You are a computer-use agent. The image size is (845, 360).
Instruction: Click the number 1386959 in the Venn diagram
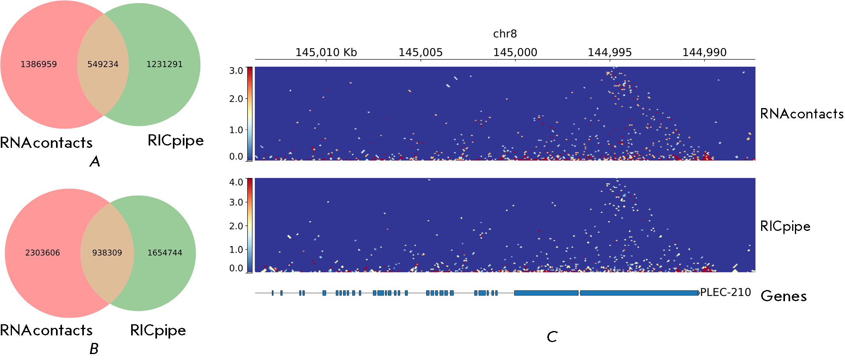pyautogui.click(x=39, y=64)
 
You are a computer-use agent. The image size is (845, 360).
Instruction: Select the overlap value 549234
pyautogui.click(x=103, y=64)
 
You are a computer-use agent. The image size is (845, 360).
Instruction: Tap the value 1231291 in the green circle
pyautogui.click(x=165, y=64)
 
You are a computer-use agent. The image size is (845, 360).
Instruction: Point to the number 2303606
pyautogui.click(x=43, y=253)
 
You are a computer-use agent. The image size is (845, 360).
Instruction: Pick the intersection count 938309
pyautogui.click(x=107, y=253)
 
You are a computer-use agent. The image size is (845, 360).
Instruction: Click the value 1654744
pyautogui.click(x=165, y=253)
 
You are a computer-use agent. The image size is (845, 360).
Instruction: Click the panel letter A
pyautogui.click(x=95, y=161)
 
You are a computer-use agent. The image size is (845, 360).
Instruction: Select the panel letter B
pyautogui.click(x=94, y=349)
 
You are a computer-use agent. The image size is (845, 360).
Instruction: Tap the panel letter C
pyautogui.click(x=552, y=337)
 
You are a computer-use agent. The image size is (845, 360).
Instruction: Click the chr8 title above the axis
pyautogui.click(x=505, y=34)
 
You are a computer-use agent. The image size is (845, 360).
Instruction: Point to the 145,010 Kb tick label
pyautogui.click(x=326, y=52)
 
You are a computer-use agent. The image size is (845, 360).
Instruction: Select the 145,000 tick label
pyautogui.click(x=515, y=52)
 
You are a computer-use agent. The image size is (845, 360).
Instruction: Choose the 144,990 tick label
pyautogui.click(x=704, y=52)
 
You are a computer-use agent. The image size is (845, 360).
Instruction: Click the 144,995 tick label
pyautogui.click(x=610, y=52)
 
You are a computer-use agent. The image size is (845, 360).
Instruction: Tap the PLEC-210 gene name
pyautogui.click(x=725, y=292)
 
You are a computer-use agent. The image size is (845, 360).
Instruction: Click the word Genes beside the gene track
pyautogui.click(x=783, y=296)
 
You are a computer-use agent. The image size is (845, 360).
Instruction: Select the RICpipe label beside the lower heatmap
pyautogui.click(x=785, y=226)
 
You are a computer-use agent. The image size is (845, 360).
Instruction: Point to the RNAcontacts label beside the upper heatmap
pyautogui.click(x=802, y=114)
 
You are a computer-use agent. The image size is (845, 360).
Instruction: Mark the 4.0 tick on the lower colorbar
pyautogui.click(x=236, y=182)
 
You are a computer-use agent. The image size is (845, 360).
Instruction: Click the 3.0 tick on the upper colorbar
pyautogui.click(x=236, y=71)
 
